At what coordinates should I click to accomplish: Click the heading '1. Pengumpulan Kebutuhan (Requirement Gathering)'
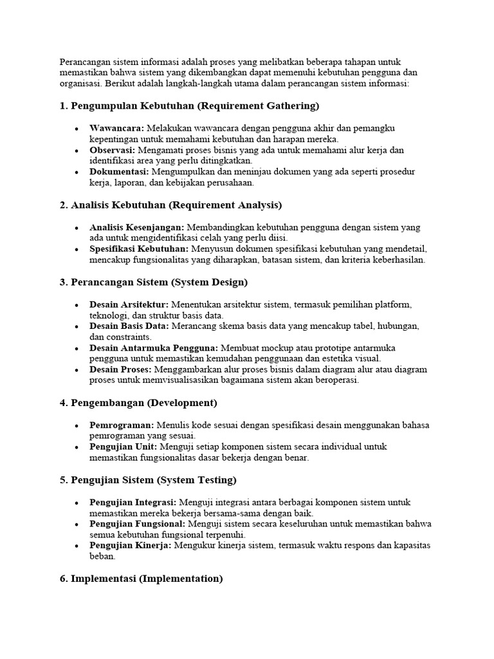[x=189, y=106]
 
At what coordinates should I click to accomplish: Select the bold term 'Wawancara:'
[x=116, y=128]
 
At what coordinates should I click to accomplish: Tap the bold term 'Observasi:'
[x=113, y=150]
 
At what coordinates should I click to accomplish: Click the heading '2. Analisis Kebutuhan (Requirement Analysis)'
[x=170, y=205]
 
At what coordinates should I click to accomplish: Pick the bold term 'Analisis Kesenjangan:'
[x=137, y=227]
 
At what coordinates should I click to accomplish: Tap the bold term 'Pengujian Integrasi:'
[x=133, y=502]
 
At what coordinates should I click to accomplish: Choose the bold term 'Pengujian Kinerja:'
[x=131, y=545]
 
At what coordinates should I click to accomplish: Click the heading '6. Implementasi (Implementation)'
[x=141, y=579]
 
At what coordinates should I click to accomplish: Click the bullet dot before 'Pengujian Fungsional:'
[x=77, y=524]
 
